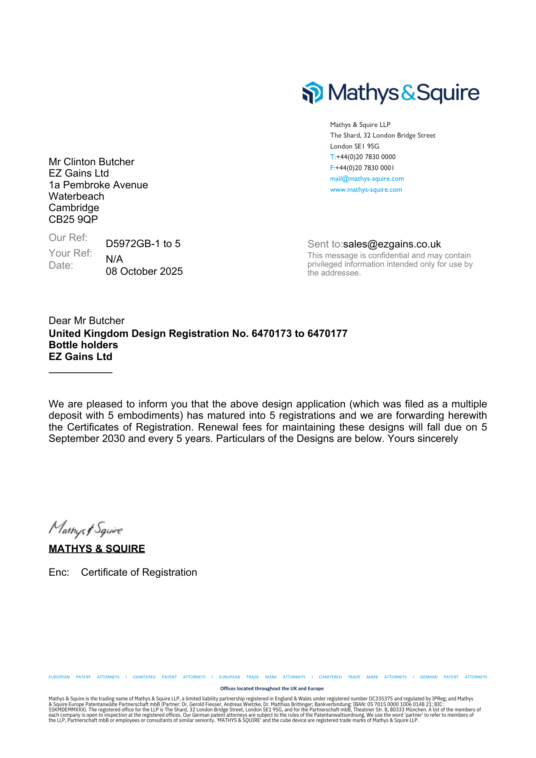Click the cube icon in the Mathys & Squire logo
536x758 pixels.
pos(312,92)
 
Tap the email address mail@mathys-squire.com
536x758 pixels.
pos(367,179)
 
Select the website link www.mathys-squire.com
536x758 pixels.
pos(366,189)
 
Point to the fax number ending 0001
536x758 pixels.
pos(365,168)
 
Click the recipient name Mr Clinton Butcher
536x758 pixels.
pos(91,162)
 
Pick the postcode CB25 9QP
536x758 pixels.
pos(73,219)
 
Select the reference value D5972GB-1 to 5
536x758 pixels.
pos(143,244)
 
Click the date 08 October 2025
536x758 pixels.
pos(144,271)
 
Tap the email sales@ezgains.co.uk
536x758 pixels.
pos(392,244)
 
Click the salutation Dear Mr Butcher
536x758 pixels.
pos(86,321)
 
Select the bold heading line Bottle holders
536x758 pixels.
pos(83,345)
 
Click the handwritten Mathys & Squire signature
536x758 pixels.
pos(86,529)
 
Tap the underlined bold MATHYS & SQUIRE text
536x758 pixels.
pos(97,549)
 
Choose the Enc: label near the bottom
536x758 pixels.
pos(59,572)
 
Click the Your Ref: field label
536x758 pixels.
pos(71,253)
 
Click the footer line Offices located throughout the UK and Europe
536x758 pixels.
pos(272,688)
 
